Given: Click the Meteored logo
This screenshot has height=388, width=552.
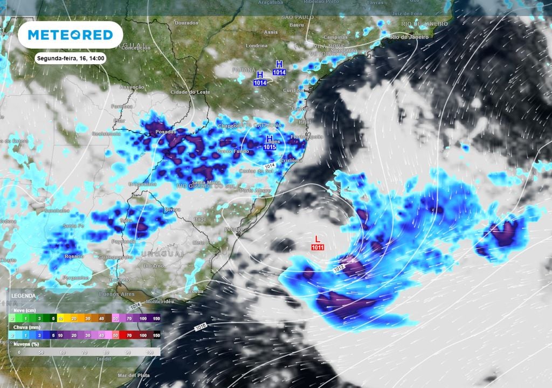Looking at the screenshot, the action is [70, 35].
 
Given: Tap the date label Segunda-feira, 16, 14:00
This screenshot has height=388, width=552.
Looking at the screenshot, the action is [71, 58].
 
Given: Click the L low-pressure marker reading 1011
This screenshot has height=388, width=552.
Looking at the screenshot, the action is [317, 242].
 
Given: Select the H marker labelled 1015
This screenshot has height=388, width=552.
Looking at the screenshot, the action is [270, 143].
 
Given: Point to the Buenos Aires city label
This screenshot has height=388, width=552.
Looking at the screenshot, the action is [109, 294].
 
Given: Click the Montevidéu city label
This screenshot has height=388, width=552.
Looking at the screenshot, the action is [160, 301].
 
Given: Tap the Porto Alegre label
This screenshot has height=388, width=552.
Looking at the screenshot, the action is [254, 190].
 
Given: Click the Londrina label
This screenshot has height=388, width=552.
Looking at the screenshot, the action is [257, 46].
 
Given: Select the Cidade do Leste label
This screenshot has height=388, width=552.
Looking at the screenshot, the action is [190, 92].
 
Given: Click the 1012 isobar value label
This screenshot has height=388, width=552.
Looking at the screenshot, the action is [339, 267].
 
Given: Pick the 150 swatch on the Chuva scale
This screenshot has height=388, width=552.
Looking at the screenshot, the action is [156, 335].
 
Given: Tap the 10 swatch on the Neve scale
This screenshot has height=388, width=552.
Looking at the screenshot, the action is [61, 318].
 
